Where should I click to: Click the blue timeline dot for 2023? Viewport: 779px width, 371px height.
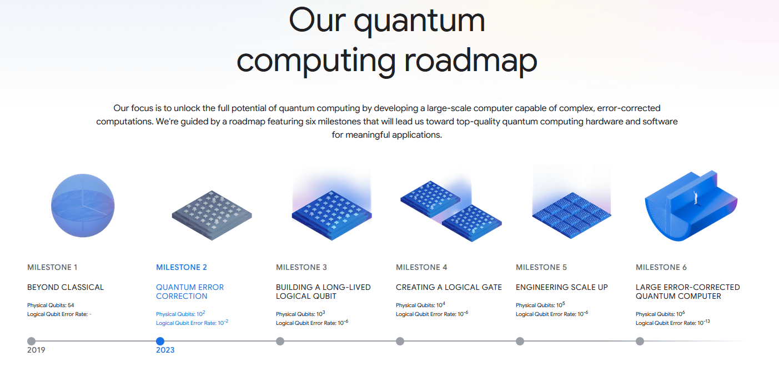[x=160, y=341]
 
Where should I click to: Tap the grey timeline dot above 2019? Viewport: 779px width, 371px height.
[x=31, y=341]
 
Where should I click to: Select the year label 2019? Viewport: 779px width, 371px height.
[x=36, y=350]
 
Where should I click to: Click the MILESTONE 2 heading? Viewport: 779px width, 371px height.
[x=181, y=267]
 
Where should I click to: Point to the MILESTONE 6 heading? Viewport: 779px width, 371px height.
[x=661, y=267]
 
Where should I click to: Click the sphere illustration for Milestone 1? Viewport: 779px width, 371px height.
[x=83, y=205]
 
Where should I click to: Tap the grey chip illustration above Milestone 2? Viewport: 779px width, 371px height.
[x=212, y=215]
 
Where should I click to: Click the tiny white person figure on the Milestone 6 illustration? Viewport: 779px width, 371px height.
[x=696, y=198]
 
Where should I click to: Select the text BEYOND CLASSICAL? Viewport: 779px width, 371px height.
[x=66, y=287]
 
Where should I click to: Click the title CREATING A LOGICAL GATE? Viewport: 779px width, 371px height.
[x=449, y=287]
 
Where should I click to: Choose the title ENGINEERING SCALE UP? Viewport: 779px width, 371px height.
[x=562, y=287]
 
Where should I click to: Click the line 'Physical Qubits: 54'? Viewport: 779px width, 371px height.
[x=51, y=305]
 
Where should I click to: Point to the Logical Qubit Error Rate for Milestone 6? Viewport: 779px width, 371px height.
[x=672, y=322]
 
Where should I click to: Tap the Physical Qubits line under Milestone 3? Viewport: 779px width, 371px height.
[x=300, y=314]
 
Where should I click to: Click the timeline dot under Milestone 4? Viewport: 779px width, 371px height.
[x=400, y=341]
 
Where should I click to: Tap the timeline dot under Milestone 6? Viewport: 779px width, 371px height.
[x=640, y=341]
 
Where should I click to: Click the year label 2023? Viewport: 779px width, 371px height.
[x=165, y=350]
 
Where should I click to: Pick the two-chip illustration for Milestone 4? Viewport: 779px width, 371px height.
[x=451, y=211]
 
